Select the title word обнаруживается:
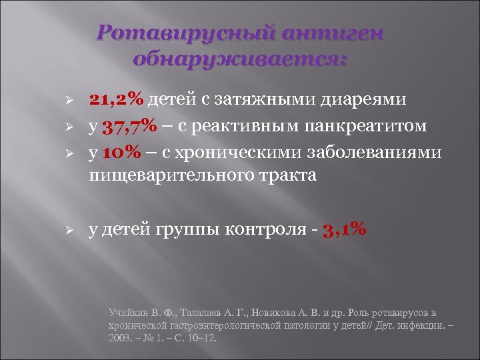pyautogui.click(x=240, y=59)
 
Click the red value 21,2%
pyautogui.click(x=117, y=99)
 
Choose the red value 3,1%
pyautogui.click(x=344, y=229)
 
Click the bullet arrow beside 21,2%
pyautogui.click(x=59, y=100)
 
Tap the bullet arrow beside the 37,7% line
pyautogui.click(x=59, y=126)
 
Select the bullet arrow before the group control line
pyautogui.click(x=59, y=230)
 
